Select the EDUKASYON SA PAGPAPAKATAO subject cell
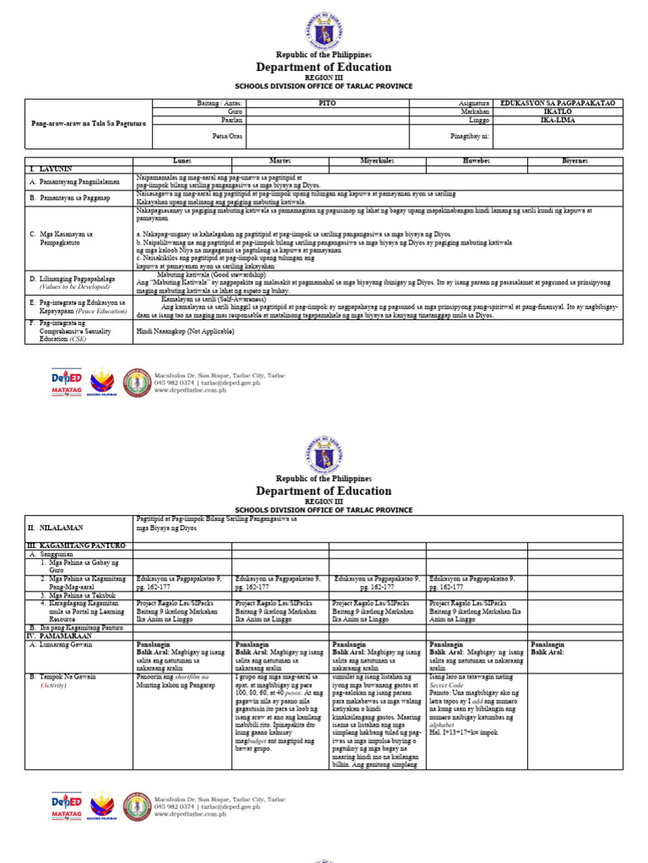(559, 103)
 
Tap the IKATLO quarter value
(559, 110)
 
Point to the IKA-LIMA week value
(559, 119)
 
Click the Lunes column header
(183, 159)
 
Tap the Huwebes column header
(476, 159)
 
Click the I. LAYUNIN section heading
(51, 168)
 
